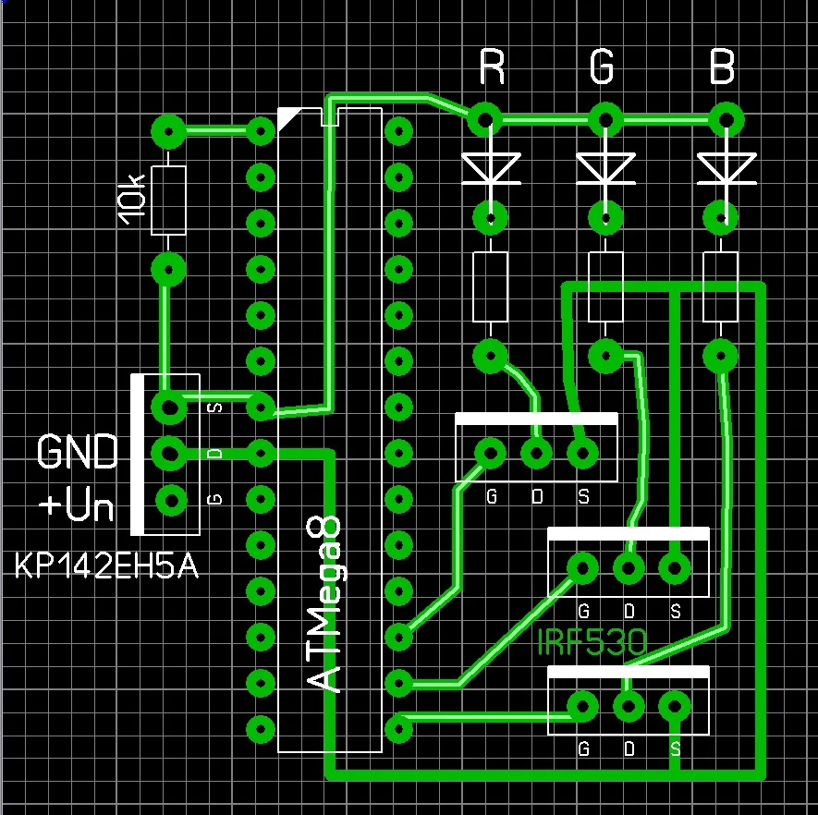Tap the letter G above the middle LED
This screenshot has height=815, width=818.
click(x=603, y=67)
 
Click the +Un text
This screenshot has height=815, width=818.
click(x=78, y=507)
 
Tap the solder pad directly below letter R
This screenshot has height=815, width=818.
click(x=484, y=119)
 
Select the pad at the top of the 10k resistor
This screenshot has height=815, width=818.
click(x=169, y=131)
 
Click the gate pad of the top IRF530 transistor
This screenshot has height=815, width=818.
click(x=490, y=454)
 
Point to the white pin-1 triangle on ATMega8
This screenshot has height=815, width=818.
click(x=287, y=118)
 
